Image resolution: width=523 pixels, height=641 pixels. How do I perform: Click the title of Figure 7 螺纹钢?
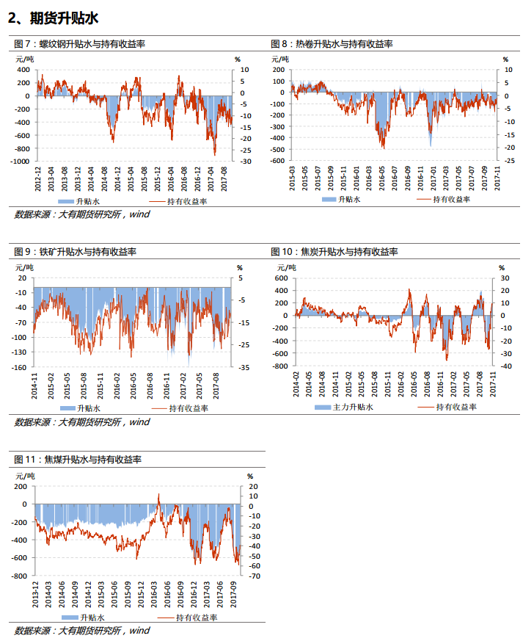pyautogui.click(x=80, y=44)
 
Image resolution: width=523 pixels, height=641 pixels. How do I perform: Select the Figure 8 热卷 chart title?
pyautogui.click(x=332, y=44)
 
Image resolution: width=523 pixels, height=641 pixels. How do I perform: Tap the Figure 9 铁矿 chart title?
pyautogui.click(x=75, y=251)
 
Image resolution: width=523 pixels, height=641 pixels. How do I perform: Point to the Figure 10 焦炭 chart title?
pyautogui.click(x=334, y=251)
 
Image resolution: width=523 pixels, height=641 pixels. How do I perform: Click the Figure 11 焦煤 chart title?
pyautogui.click(x=78, y=459)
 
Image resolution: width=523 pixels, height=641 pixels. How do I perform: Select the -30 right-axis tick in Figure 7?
pyautogui.click(x=246, y=161)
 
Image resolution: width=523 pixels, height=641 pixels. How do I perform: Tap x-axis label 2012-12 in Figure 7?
pyautogui.click(x=38, y=179)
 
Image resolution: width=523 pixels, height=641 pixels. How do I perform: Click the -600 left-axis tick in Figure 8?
pyautogui.click(x=277, y=161)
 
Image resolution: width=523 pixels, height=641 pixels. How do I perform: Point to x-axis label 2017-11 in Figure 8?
pyautogui.click(x=497, y=178)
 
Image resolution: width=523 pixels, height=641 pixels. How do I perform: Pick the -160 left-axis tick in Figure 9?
pyautogui.click(x=19, y=367)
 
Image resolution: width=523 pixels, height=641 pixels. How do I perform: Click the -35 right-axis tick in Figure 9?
pyautogui.click(x=244, y=367)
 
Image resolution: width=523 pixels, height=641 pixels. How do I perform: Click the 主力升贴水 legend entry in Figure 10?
pyautogui.click(x=344, y=408)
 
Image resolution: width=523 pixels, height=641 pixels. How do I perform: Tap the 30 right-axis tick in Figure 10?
pyautogui.click(x=505, y=278)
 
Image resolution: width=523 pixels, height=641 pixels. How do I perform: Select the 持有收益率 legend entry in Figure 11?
pyautogui.click(x=187, y=618)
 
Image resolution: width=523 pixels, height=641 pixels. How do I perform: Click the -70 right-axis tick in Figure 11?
pyautogui.click(x=255, y=576)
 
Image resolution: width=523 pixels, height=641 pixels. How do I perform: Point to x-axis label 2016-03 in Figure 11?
pyautogui.click(x=154, y=595)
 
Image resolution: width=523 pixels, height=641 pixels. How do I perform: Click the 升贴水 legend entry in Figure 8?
pyautogui.click(x=341, y=200)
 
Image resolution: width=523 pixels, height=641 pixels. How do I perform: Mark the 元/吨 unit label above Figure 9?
pyautogui.click(x=24, y=267)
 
